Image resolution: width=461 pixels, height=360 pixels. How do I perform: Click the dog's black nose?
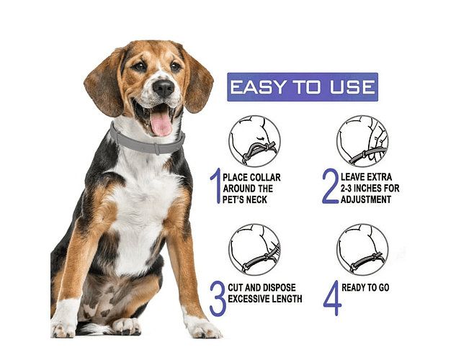pos(164,88)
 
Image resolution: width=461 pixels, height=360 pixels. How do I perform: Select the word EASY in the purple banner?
pos(258,87)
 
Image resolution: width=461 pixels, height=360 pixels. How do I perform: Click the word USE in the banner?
pos(352,87)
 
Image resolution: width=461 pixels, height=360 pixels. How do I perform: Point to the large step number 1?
pos(216,186)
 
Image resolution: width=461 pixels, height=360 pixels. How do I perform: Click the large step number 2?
pos(331,186)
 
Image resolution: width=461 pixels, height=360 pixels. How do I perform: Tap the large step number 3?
pos(218,298)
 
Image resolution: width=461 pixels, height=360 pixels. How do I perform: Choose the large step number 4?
pos(333,298)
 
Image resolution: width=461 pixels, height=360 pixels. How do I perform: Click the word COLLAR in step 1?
pos(266,178)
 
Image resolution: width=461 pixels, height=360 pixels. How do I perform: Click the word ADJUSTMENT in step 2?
pos(366,199)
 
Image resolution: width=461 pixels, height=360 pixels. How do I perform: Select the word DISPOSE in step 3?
pos(279,287)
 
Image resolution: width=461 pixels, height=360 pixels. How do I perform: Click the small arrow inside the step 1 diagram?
pos(260,138)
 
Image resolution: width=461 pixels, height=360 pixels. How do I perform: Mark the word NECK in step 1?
pos(256,200)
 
